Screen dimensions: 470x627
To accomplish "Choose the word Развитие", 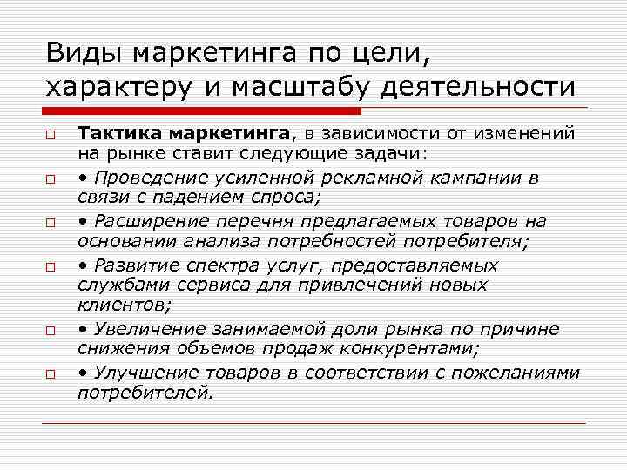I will (138, 265).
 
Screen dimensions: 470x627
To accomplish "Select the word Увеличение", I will (150, 329).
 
